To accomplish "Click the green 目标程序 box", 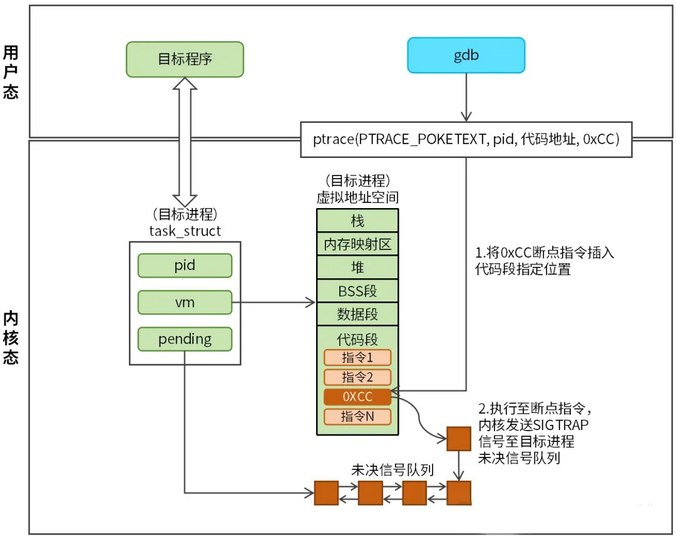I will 185,60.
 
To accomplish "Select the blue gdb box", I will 466,55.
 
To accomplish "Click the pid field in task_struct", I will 185,265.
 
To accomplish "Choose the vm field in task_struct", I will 185,303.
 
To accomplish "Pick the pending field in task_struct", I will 185,340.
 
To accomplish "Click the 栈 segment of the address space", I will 357,221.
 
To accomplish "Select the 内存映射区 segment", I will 357,244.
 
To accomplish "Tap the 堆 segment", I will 357,267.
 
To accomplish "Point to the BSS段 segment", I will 357,290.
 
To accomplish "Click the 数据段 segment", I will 357,313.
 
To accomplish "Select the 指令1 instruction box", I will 357,358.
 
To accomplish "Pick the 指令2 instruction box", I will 357,377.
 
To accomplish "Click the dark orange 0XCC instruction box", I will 357,397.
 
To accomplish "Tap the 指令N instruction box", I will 357,417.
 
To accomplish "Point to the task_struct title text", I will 185,231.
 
